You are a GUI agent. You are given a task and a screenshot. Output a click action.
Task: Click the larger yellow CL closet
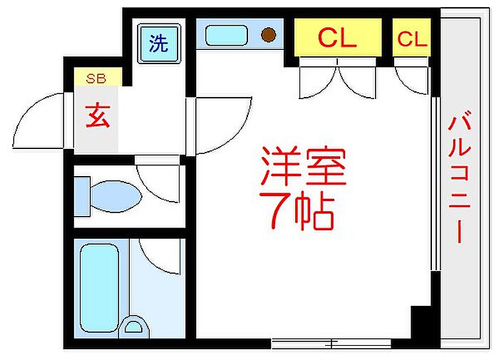pyautogui.click(x=338, y=37)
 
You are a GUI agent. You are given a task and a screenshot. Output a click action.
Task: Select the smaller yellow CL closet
pyautogui.click(x=411, y=37)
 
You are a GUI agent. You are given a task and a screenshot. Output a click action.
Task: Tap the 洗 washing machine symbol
pyautogui.click(x=159, y=43)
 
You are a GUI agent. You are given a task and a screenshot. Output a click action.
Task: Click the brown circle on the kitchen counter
pyautogui.click(x=269, y=34)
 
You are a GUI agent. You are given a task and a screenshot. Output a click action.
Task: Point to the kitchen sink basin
pyautogui.click(x=226, y=35)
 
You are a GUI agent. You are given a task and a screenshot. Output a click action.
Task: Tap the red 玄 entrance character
pyautogui.click(x=98, y=115)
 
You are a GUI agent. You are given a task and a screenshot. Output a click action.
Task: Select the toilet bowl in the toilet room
pyautogui.click(x=115, y=196)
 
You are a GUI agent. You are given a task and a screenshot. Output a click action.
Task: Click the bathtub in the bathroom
pyautogui.click(x=99, y=288)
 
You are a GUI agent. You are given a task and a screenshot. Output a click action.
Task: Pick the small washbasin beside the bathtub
pyautogui.click(x=134, y=327)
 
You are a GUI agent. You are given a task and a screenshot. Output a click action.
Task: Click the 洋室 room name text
pyautogui.click(x=303, y=166)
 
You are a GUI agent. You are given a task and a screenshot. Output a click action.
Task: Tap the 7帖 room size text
pyautogui.click(x=297, y=210)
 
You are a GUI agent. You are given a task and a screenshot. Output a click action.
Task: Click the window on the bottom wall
pyautogui.click(x=331, y=344)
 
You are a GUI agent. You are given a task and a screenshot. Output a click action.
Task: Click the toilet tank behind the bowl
pyautogui.click(x=82, y=196)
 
